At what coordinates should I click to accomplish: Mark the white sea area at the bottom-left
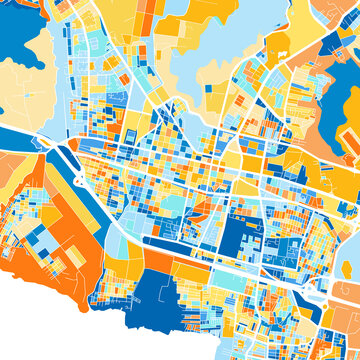tap(40, 320)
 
